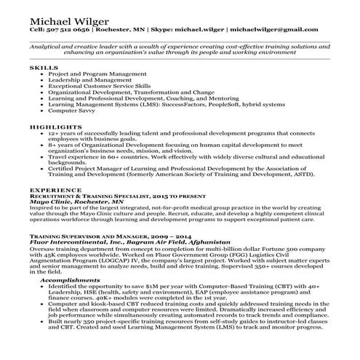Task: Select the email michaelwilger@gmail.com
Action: pyautogui.click(x=273, y=30)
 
